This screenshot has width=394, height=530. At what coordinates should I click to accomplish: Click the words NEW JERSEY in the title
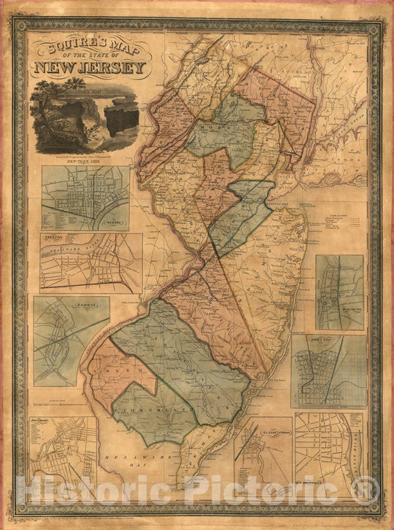88,69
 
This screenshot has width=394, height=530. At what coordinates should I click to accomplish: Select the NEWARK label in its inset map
115,225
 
